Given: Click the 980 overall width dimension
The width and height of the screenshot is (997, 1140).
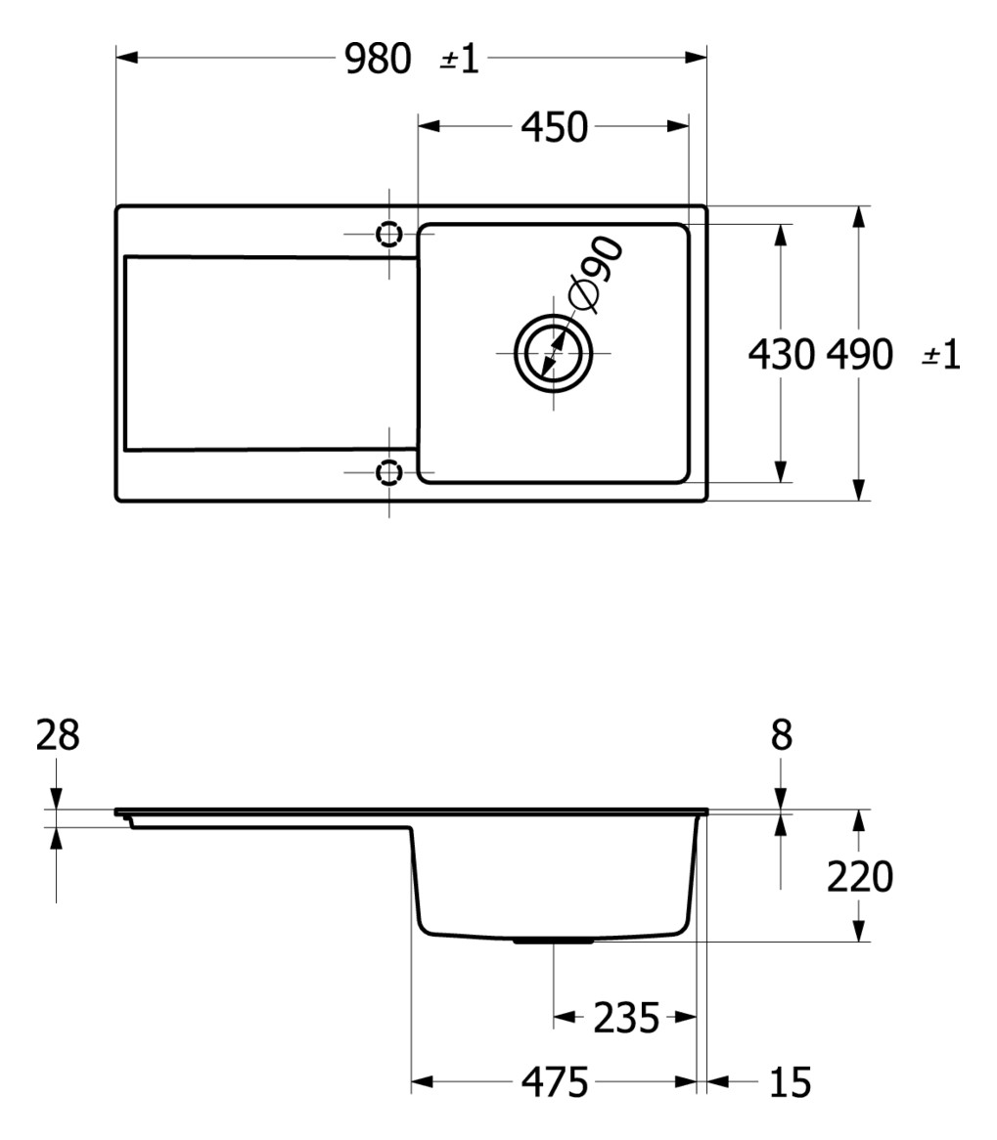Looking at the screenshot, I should [x=378, y=60].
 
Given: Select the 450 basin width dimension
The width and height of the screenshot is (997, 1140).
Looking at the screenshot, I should [x=554, y=127].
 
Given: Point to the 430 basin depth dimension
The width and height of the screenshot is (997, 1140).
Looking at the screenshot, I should [x=781, y=354].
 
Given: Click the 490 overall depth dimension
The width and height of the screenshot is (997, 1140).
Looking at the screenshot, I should [x=860, y=354].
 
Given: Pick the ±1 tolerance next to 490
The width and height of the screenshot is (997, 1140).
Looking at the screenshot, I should [x=941, y=355].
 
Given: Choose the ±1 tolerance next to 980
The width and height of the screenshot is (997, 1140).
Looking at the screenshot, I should [x=460, y=60].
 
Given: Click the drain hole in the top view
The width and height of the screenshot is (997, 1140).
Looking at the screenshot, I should [x=554, y=353].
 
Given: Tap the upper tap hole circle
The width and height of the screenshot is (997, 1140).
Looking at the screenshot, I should [x=389, y=235].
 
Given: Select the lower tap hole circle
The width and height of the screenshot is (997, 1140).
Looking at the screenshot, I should [x=389, y=473].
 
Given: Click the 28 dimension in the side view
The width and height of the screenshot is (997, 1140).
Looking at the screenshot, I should [x=58, y=735].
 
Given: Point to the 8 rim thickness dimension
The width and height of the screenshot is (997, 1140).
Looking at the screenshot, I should [x=781, y=735].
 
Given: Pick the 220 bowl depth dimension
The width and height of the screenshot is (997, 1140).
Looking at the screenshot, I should [x=860, y=877].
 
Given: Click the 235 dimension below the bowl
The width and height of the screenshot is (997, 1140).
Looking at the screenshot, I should [x=626, y=1019].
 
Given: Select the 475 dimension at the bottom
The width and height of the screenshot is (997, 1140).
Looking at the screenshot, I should [x=554, y=1082].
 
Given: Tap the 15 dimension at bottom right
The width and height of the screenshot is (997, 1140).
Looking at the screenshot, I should [x=791, y=1082].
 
